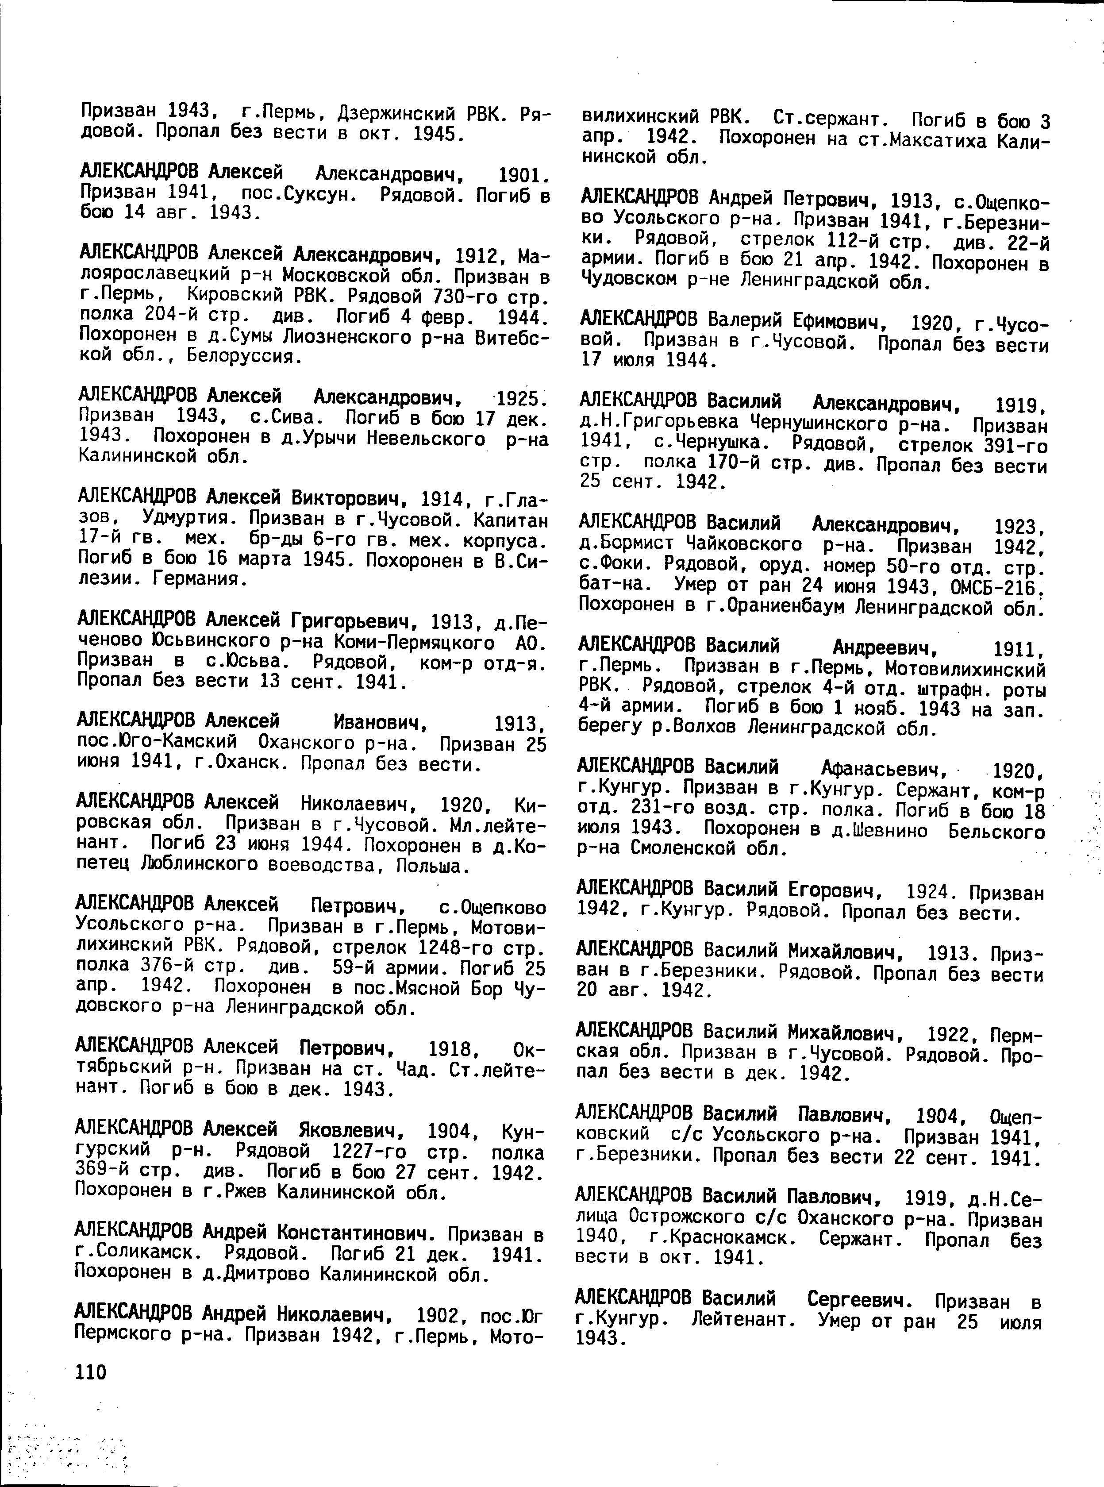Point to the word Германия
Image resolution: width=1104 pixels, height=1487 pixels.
tap(199, 579)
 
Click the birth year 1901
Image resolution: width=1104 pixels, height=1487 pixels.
tap(524, 177)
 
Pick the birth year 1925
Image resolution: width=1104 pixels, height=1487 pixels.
tap(523, 400)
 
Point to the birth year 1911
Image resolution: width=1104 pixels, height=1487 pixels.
tap(1019, 648)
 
